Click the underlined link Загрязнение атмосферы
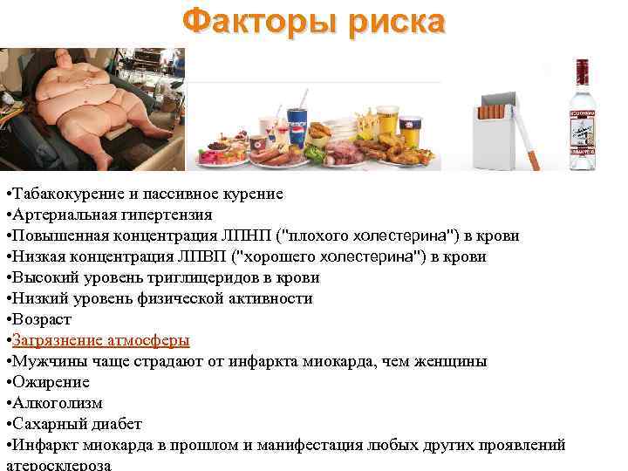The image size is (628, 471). tap(100, 340)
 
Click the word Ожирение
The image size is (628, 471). tap(50, 382)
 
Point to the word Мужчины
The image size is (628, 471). tap(45, 361)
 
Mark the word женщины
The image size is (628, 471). tap(454, 361)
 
